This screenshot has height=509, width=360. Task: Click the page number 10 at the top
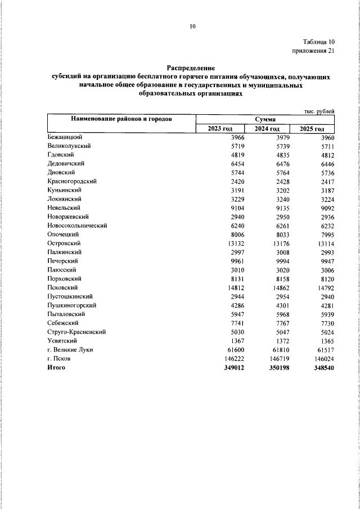(192, 25)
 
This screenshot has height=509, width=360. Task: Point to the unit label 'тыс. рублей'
(319, 111)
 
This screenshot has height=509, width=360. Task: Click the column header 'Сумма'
(264, 119)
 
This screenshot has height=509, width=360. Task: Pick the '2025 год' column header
(312, 129)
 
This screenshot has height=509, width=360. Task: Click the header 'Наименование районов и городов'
(121, 119)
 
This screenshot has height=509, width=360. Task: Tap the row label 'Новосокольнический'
(78, 225)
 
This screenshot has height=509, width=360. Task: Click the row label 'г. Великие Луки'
(70, 350)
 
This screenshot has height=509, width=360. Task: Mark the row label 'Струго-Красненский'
(77, 332)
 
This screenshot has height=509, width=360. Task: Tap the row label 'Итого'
(56, 368)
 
